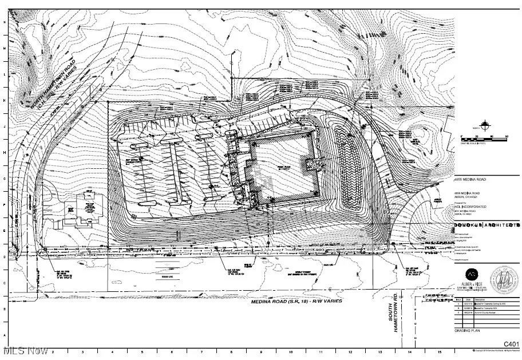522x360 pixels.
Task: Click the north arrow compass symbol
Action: (486, 124)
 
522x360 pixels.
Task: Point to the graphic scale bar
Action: (484, 137)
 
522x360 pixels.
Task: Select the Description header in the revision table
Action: (479, 298)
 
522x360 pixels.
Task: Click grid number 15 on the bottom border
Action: (439, 353)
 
